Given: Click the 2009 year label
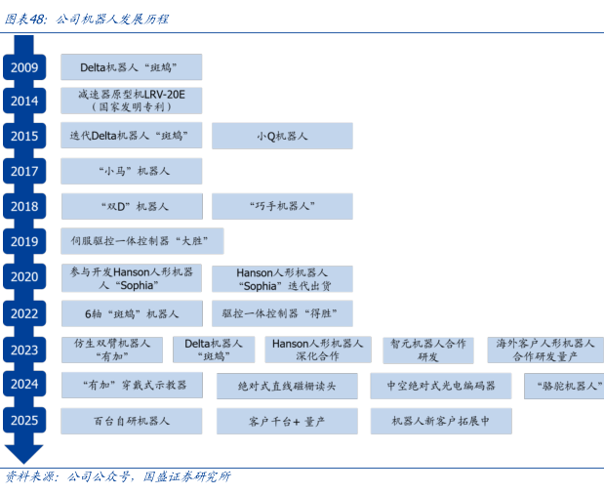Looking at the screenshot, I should tap(24, 67).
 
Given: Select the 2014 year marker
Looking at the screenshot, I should tap(24, 102).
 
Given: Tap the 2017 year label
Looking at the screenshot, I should tap(24, 172).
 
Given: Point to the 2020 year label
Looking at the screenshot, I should tap(24, 277).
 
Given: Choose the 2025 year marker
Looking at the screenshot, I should tap(24, 421).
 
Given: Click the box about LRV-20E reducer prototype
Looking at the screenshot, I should tap(132, 101).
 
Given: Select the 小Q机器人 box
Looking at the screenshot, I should tap(282, 137).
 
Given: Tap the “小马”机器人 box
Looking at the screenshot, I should tap(132, 172).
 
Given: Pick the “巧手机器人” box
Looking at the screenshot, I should tap(282, 207).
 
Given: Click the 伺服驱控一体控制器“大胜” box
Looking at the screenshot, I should tap(142, 241).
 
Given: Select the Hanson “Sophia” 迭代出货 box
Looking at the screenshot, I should tap(282, 278).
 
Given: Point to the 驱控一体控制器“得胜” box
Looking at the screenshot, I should tap(282, 313).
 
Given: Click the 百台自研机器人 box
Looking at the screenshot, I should tap(132, 421).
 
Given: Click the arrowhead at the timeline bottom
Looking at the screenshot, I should tap(24, 453).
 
